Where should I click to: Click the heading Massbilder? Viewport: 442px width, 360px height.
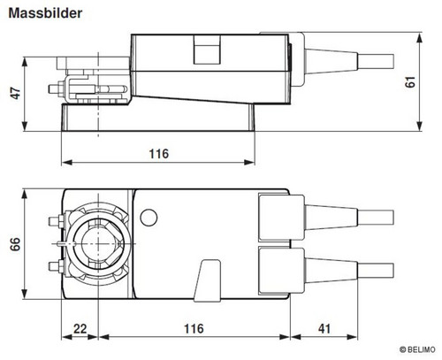[45, 13]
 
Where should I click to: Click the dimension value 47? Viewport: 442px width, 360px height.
[16, 93]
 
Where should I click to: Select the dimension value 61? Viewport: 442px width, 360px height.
[410, 81]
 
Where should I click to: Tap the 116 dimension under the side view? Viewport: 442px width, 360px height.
[159, 154]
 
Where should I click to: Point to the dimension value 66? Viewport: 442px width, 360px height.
[15, 244]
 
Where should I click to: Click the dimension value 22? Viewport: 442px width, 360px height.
[80, 328]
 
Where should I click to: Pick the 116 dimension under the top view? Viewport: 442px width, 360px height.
[194, 328]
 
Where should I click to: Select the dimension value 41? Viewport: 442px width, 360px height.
[324, 328]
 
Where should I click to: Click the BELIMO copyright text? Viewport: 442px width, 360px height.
[417, 349]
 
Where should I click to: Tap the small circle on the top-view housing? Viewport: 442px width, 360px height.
[149, 218]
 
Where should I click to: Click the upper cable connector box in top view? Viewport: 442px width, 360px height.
[281, 218]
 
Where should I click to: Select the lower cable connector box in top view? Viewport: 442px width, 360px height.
[281, 271]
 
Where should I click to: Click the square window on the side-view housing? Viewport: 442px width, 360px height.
[207, 50]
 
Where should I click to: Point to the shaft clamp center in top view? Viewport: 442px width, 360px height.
[97, 243]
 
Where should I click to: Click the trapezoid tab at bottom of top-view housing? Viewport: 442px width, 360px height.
[207, 280]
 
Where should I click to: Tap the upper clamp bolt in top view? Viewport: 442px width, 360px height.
[56, 221]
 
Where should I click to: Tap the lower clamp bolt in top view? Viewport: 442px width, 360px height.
[56, 266]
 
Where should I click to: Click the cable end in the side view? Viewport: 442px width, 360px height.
[376, 62]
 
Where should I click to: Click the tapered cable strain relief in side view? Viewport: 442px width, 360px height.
[331, 61]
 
